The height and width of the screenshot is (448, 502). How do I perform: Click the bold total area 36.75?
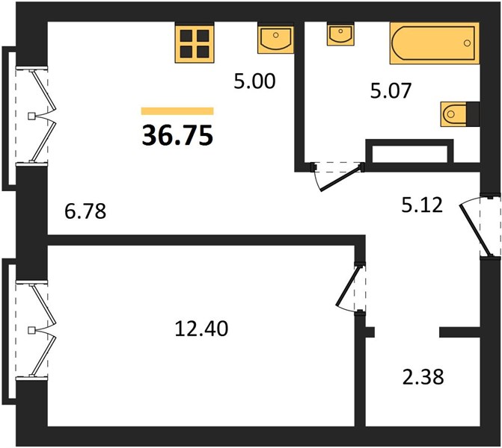coord(177,135)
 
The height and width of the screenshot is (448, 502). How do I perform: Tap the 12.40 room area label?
coord(201,329)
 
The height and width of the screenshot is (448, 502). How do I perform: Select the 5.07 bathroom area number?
coord(391,91)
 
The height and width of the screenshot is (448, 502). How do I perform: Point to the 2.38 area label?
coord(423,377)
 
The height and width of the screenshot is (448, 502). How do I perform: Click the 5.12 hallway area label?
coord(422,205)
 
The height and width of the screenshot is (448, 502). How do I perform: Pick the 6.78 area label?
coord(85,211)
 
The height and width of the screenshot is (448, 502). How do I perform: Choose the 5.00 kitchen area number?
coord(254,81)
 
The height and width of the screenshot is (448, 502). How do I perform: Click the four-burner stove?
coord(195,43)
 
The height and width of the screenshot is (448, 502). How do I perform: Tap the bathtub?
coord(435,43)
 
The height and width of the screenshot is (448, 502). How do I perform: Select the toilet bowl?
coord(453,113)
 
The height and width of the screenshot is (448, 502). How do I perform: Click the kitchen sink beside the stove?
coord(275,38)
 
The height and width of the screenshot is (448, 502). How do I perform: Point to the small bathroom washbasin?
coord(340,34)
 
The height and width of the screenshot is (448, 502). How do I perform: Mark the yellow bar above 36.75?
coord(177,111)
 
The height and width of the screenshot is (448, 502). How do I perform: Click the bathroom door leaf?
coord(342,178)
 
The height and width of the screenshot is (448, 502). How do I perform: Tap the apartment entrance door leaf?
coord(476,230)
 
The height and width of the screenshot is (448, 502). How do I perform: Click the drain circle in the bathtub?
coord(467,43)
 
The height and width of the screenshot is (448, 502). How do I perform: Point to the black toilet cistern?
coord(473,113)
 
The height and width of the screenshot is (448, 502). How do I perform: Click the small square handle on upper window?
coord(31,116)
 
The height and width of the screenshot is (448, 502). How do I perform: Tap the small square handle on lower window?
coord(31,330)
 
